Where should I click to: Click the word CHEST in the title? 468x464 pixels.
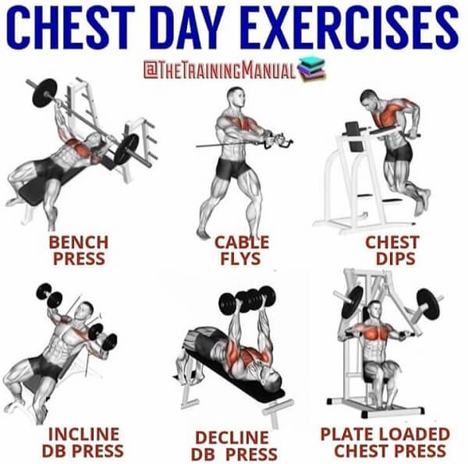tap(70, 27)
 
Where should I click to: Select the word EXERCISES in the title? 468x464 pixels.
tap(353, 27)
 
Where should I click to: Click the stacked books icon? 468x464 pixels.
tap(311, 70)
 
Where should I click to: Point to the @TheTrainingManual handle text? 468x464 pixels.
tap(220, 70)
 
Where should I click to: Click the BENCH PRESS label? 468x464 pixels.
tap(79, 250)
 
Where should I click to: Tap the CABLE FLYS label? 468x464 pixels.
tap(242, 250)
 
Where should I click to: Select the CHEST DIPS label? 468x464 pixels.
tap(393, 250)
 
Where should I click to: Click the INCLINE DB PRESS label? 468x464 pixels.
tap(83, 442)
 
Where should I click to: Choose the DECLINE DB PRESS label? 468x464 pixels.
tap(235, 446)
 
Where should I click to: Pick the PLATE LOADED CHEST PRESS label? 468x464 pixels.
tap(385, 442)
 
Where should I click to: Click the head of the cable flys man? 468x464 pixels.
tap(236, 97)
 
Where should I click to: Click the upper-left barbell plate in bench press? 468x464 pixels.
tap(44, 93)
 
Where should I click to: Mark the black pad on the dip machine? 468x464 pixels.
tap(353, 129)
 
